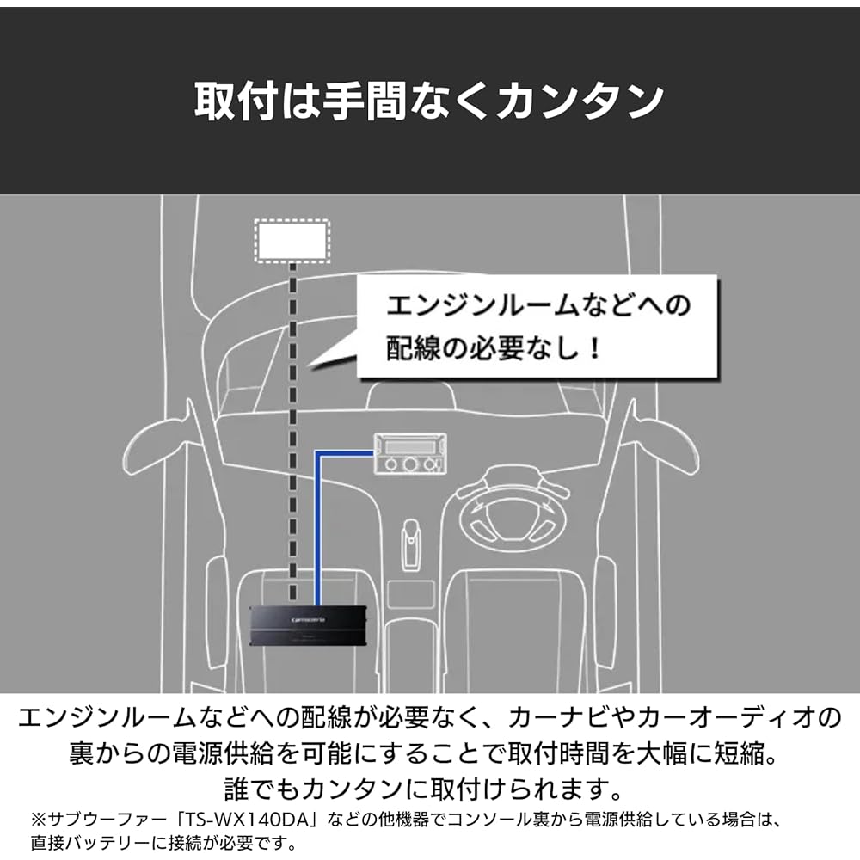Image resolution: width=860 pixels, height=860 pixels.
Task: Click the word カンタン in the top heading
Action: click(x=580, y=101)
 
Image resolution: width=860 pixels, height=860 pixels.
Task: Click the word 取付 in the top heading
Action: click(x=236, y=101)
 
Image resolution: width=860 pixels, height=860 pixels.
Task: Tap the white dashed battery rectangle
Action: click(x=292, y=241)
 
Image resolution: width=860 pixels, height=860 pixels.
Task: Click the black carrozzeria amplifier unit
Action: click(x=308, y=626)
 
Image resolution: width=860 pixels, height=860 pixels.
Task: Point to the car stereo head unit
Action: click(x=410, y=453)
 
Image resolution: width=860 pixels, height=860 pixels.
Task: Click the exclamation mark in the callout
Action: click(x=594, y=348)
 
